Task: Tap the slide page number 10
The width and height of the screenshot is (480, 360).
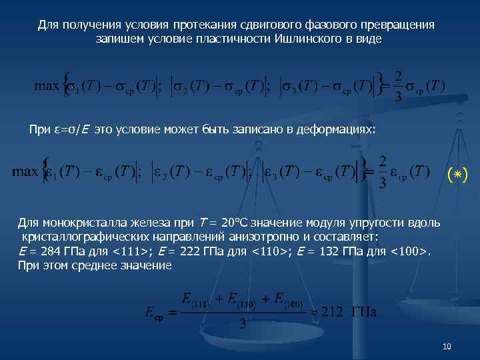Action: click(x=447, y=347)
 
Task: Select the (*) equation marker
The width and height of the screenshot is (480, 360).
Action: click(x=457, y=175)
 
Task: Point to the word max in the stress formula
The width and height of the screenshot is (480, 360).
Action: click(x=47, y=85)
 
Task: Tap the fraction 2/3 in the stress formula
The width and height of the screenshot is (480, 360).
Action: click(x=398, y=85)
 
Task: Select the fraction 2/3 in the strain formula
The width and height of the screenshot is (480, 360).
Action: click(x=382, y=172)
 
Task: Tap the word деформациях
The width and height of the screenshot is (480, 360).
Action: click(x=339, y=129)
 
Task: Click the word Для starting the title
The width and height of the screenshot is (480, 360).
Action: click(x=47, y=25)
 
